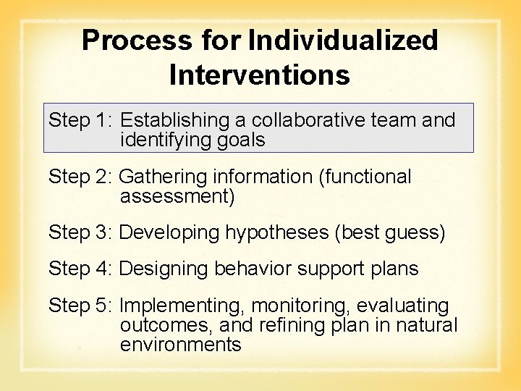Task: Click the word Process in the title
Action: tap(136, 41)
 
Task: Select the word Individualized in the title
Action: tap(343, 41)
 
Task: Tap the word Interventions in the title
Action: tap(260, 75)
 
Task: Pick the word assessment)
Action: tap(177, 196)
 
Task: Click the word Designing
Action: tap(164, 269)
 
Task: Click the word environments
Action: tap(180, 344)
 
